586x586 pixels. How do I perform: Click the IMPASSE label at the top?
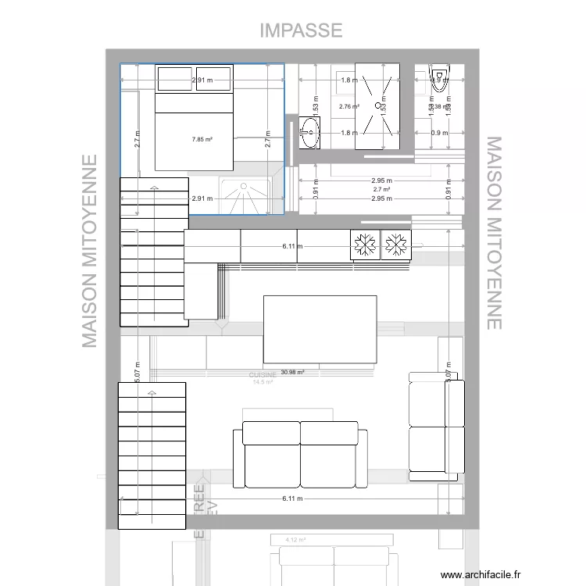click(x=301, y=30)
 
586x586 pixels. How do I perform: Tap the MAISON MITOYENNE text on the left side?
click(x=91, y=250)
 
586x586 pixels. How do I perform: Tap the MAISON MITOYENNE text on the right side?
click(x=494, y=233)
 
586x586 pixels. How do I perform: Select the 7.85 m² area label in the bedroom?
click(x=203, y=140)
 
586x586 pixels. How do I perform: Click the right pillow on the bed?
click(x=213, y=79)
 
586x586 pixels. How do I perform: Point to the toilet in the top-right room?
click(x=438, y=77)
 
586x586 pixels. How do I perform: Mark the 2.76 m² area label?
click(x=348, y=106)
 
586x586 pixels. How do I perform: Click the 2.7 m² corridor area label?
click(x=381, y=190)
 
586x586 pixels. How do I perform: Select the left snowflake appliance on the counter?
click(x=363, y=245)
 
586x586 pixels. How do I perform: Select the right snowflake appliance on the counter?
click(x=395, y=245)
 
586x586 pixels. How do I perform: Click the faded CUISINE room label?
click(x=262, y=375)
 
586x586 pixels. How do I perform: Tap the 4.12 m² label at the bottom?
click(x=295, y=539)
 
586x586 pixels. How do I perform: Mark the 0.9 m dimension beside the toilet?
click(x=440, y=133)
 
